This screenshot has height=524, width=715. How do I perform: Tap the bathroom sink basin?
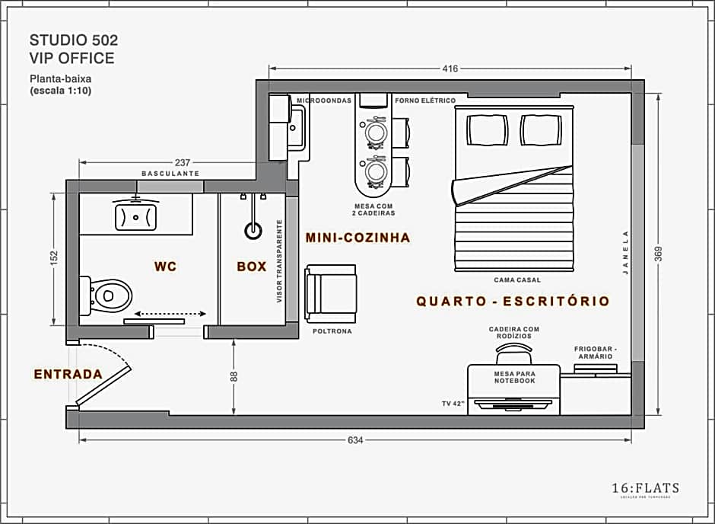pos(135,216)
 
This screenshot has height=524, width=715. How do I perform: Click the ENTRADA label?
pos(68,374)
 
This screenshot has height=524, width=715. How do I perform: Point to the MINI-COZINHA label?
pos(357,238)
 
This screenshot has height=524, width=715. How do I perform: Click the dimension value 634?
pos(356,440)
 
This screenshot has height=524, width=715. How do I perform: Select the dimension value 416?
pos(450,69)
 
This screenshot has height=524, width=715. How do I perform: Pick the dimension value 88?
pos(234,376)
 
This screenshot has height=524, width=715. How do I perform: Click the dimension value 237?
pos(182,162)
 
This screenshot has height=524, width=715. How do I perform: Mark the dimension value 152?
pos(54,260)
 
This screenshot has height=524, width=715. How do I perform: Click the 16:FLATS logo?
pos(645,488)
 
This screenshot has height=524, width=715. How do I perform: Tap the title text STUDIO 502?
pos(73,39)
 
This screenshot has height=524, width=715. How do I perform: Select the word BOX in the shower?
pos(252,267)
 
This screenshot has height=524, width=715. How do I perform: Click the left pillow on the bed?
pos(487,129)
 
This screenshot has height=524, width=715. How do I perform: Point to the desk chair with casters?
pos(513,355)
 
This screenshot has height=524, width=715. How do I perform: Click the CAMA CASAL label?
pos(516,280)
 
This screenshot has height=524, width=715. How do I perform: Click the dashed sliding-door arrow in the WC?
pos(170,313)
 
